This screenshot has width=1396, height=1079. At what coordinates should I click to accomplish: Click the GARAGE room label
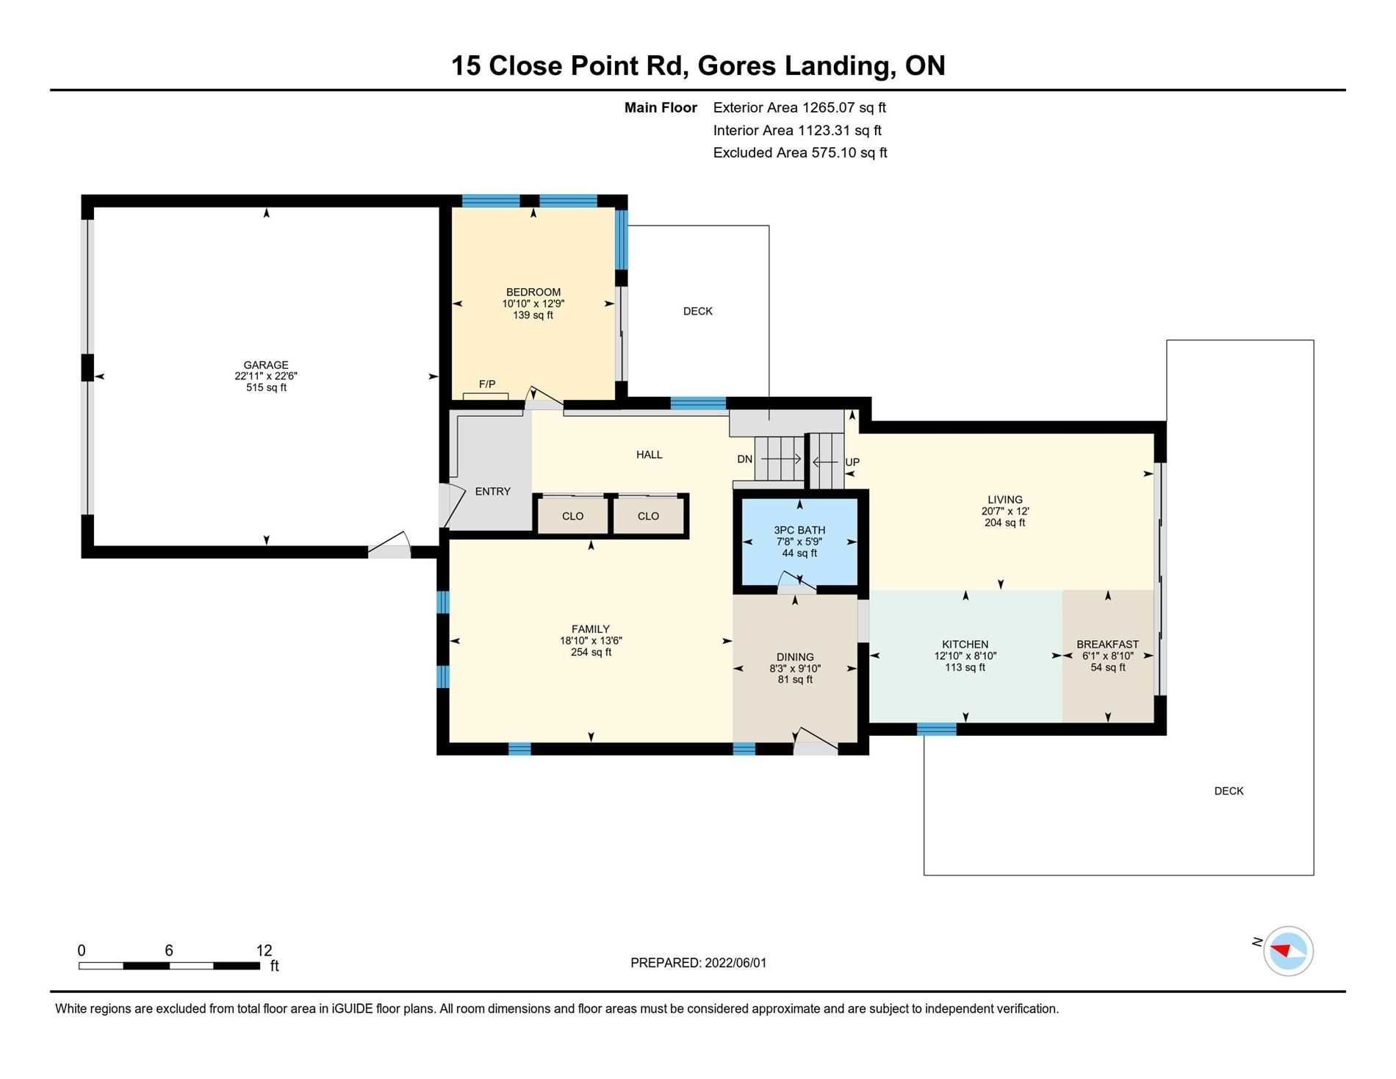coord(266,365)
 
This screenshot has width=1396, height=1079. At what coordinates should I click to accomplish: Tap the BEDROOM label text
coord(533,292)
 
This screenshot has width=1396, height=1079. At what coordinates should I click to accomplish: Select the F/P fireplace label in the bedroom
coord(487,384)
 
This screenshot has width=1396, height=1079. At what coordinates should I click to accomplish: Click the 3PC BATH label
coord(799,530)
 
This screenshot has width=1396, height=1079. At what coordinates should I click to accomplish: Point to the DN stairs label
coord(745,459)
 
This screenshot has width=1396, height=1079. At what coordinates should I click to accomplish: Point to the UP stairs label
coord(852,462)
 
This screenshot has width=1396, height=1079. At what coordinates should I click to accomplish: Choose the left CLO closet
coord(573,516)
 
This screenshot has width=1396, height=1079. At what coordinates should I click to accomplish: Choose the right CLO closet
coord(648,516)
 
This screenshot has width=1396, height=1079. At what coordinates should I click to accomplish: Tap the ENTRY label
coord(492,491)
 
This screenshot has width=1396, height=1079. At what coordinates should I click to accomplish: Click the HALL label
coord(650,454)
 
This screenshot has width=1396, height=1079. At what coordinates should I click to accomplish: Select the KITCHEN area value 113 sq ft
coord(965,667)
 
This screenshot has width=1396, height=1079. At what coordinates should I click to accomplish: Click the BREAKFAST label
coord(1108,644)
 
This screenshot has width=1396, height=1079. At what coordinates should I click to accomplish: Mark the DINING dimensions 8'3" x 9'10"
coord(795,668)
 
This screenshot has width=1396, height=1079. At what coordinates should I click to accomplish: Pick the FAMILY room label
coord(591,628)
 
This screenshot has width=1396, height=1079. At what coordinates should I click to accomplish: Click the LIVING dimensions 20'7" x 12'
coord(1005,511)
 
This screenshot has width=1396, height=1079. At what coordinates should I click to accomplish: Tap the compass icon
coord(1289,950)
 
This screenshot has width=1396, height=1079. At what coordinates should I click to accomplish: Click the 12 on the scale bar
coord(264,950)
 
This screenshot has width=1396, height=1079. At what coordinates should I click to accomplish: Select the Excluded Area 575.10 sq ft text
coord(800,153)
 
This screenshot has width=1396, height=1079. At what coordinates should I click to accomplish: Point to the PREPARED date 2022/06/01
coord(735,963)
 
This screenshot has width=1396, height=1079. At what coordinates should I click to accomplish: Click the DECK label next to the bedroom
coord(698,311)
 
